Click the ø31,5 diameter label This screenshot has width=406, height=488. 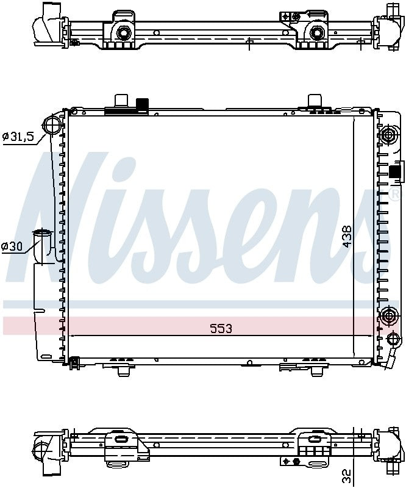19,137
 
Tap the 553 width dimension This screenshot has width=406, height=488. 221,329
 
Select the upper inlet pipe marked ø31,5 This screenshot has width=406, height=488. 52,126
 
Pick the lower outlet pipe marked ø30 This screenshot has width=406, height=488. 43,244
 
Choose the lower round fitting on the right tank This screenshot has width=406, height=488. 388,316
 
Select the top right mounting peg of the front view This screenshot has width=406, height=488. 315,100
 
